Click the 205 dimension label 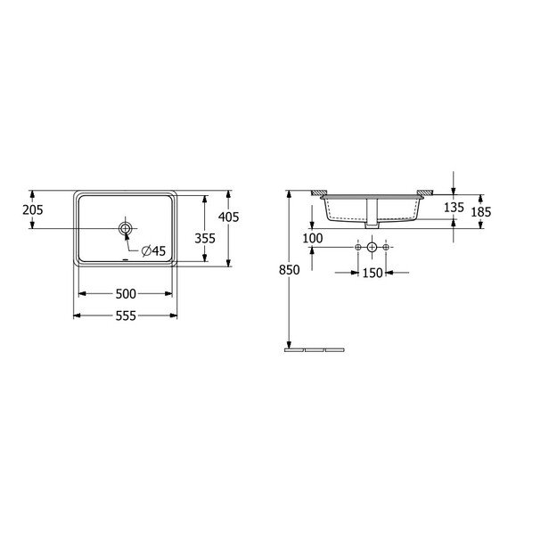point(33,210)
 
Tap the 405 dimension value point(229,217)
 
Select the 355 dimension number point(205,238)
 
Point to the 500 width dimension point(126,294)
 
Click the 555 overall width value point(126,315)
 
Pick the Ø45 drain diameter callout point(153,250)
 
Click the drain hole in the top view point(125,228)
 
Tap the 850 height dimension point(289,270)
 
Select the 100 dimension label point(313,238)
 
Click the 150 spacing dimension point(373,274)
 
